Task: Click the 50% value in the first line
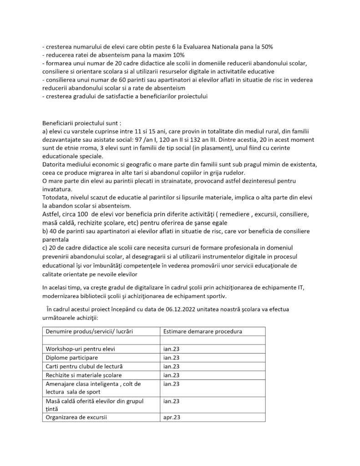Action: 266,47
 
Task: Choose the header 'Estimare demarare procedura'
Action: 203,331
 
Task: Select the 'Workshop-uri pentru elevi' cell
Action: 80,349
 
